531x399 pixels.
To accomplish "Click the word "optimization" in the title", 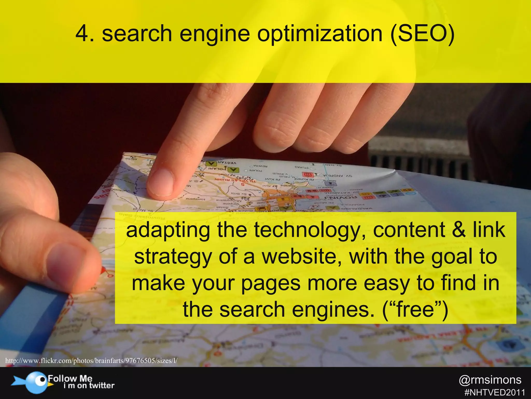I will tap(320, 34).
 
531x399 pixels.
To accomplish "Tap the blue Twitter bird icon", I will tap(36, 382).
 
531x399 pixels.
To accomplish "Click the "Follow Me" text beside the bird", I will tap(70, 378).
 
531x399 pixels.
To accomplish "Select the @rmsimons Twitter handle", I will tap(490, 380).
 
